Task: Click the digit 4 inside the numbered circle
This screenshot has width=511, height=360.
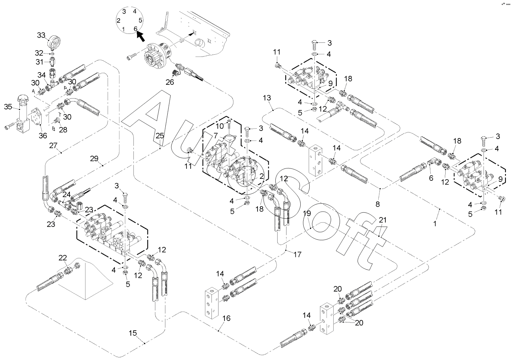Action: click(x=135, y=11)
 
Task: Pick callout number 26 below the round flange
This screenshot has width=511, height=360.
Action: click(x=170, y=82)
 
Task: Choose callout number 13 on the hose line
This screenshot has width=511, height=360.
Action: click(x=267, y=98)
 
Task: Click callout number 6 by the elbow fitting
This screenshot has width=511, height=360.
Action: click(x=431, y=178)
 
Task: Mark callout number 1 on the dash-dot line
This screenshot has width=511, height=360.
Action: click(x=434, y=224)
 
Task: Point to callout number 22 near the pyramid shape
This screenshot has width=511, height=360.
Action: click(x=63, y=258)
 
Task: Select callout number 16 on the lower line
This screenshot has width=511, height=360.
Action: click(x=226, y=318)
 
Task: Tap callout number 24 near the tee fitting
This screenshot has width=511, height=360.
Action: click(x=67, y=194)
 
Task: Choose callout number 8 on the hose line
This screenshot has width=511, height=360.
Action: click(x=378, y=203)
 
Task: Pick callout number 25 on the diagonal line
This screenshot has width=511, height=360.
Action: click(x=159, y=136)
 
